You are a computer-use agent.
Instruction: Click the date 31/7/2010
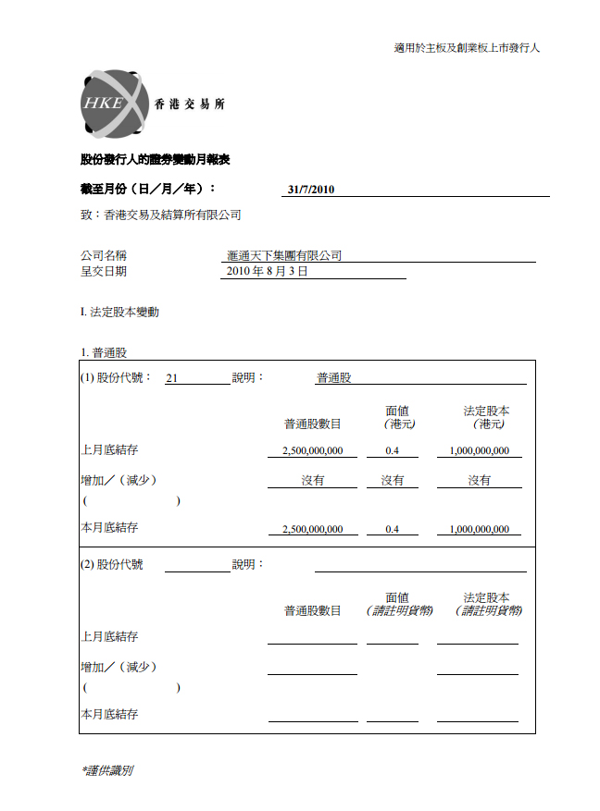tap(311, 190)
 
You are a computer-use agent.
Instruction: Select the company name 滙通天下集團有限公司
tap(284, 255)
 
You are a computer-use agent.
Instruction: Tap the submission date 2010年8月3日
tap(267, 272)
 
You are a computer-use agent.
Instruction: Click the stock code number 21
tap(171, 377)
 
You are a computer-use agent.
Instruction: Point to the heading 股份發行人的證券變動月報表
tap(156, 159)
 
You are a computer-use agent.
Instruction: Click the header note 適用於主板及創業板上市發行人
tap(467, 48)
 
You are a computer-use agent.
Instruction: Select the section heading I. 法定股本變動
tap(119, 313)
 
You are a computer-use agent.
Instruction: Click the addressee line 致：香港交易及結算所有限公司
tap(161, 215)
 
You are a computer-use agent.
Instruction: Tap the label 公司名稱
tap(104, 255)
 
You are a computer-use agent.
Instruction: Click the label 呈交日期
tap(104, 272)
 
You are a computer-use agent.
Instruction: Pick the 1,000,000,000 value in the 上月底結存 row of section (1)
tap(479, 451)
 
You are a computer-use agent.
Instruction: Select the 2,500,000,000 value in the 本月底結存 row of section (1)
tap(312, 530)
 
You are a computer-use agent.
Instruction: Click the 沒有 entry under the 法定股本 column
tap(479, 481)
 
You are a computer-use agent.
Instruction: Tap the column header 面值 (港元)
tap(396, 417)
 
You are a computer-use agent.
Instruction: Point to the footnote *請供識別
tap(107, 769)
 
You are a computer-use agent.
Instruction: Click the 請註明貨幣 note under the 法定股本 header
tap(487, 611)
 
